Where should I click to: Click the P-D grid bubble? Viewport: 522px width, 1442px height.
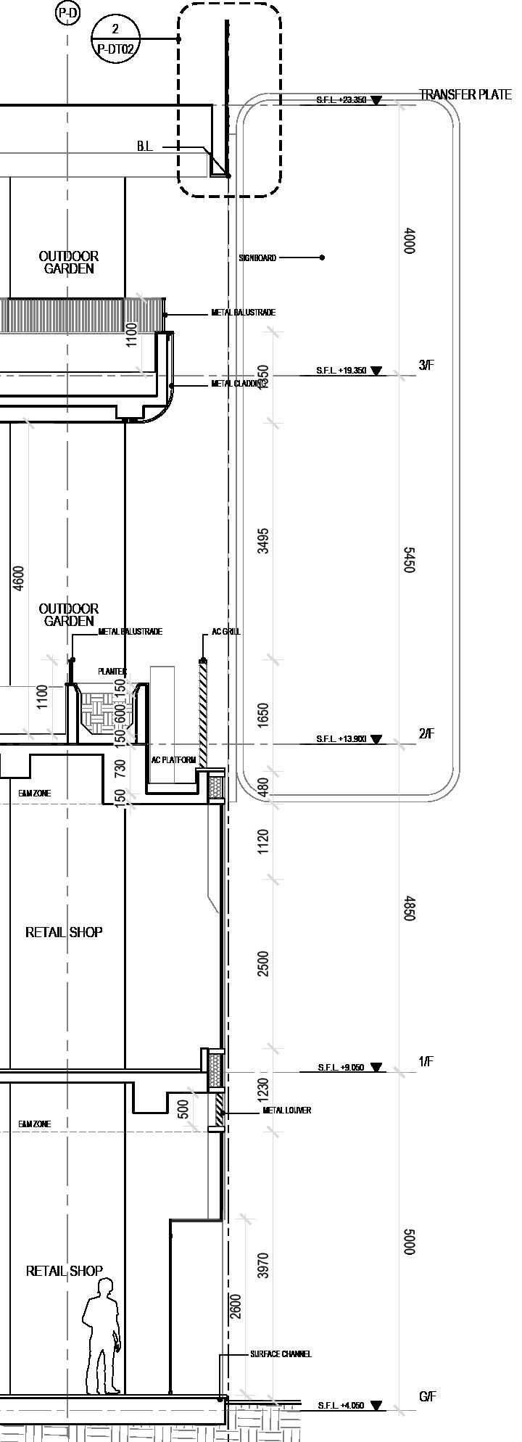point(67,12)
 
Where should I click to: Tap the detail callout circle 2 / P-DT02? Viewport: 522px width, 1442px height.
point(115,38)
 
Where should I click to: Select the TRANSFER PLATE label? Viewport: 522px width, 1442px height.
point(465,95)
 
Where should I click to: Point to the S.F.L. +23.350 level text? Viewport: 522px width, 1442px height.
point(341,100)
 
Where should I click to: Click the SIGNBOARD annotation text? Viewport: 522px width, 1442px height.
point(257,257)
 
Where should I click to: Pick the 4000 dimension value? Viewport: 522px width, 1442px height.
point(409,241)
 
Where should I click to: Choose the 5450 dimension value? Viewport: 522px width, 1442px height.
point(409,560)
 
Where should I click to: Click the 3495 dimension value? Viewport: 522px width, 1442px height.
point(263,540)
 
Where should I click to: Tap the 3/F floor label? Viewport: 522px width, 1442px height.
point(426,365)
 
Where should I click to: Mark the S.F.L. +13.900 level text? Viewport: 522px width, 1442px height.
point(341,739)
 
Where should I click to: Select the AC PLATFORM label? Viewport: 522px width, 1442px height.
point(173,760)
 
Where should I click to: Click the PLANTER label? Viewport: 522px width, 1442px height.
point(112,672)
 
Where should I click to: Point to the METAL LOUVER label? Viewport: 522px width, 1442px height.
point(287,1111)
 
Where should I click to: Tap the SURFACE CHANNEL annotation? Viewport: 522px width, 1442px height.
point(281,1354)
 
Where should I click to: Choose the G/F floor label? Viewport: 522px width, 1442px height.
point(427,1396)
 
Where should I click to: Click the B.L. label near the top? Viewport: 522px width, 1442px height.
point(145,147)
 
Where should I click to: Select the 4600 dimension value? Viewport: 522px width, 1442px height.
point(19,578)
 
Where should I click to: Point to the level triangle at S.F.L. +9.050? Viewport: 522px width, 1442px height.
point(376,1068)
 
